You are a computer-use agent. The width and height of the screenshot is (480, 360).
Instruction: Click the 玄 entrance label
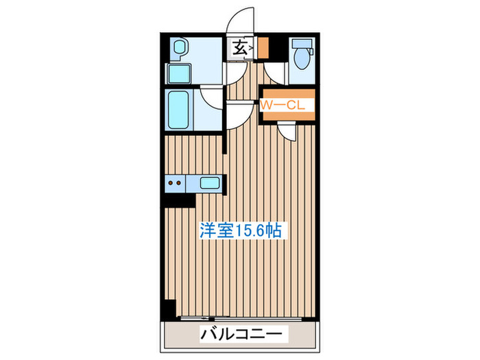point(240,48)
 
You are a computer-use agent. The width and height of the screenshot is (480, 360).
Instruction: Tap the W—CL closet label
point(287,106)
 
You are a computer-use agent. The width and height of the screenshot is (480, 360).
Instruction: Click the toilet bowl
point(301,59)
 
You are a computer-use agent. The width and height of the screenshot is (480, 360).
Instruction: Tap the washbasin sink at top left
point(180,49)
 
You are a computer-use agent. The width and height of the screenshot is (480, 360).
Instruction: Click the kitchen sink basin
point(210,182)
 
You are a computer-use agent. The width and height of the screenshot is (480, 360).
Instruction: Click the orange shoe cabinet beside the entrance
point(263,48)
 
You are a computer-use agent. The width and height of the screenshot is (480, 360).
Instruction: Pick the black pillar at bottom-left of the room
point(168,310)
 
